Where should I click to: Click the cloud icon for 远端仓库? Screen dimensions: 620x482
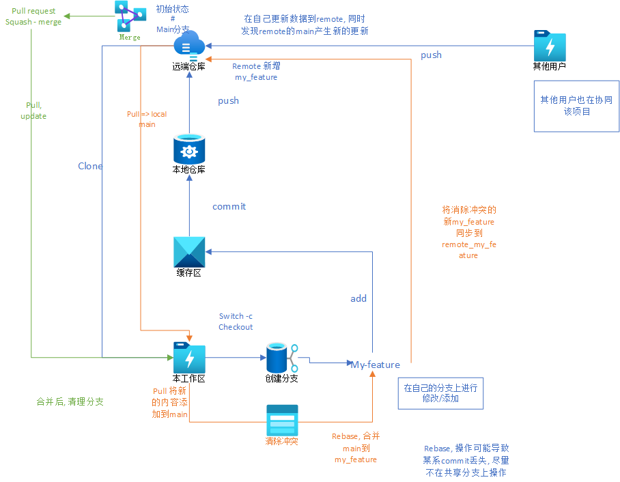click(x=189, y=46)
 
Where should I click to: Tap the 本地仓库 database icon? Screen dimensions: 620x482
click(x=189, y=149)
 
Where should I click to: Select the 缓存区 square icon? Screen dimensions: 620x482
click(x=189, y=252)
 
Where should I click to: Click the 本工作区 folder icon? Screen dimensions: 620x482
click(x=189, y=358)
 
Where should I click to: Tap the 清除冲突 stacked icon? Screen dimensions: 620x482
click(x=282, y=421)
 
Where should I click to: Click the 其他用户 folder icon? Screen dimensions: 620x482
click(x=550, y=46)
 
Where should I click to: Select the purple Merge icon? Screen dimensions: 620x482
click(x=130, y=16)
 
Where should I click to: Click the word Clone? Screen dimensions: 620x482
click(x=90, y=166)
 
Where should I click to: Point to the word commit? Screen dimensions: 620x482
click(x=229, y=206)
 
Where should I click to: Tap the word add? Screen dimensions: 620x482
click(x=358, y=298)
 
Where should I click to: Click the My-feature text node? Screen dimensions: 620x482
click(x=376, y=365)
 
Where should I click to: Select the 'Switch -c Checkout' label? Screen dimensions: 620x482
click(x=236, y=322)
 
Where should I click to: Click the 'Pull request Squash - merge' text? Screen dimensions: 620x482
click(x=33, y=16)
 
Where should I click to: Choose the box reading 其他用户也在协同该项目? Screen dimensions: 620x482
click(x=576, y=106)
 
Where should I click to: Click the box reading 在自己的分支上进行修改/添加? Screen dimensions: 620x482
click(x=440, y=393)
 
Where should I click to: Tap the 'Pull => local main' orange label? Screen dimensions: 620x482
click(x=147, y=119)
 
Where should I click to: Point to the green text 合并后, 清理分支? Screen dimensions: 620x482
click(x=70, y=401)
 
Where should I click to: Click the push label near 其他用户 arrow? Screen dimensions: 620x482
click(x=431, y=55)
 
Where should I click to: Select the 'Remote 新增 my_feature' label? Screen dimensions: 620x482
click(x=256, y=72)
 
